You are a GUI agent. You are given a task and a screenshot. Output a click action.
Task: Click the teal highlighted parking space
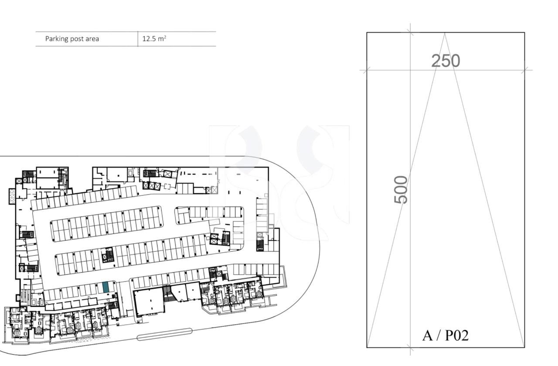pyautogui.click(x=105, y=287)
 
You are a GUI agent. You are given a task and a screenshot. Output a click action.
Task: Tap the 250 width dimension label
pyautogui.click(x=446, y=61)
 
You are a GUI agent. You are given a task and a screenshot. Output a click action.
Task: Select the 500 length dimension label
pyautogui.click(x=401, y=189)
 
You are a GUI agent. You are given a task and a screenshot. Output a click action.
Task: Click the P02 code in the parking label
pyautogui.click(x=456, y=336)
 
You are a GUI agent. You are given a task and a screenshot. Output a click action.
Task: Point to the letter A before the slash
pyautogui.click(x=428, y=336)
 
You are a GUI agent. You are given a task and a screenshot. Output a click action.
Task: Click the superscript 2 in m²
pyautogui.click(x=164, y=37)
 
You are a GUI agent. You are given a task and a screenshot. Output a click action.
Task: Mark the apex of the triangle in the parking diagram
pyautogui.click(x=445, y=33)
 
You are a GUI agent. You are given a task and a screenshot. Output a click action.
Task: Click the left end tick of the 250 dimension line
pyautogui.click(x=367, y=70)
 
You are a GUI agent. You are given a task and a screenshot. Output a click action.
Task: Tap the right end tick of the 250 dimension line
pyautogui.click(x=525, y=70)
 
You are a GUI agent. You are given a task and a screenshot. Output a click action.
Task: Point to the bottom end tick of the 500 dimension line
pyautogui.click(x=410, y=347)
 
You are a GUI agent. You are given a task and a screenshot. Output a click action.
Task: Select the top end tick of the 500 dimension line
pyautogui.click(x=410, y=32)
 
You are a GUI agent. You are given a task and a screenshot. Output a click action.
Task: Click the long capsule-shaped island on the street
pyautogui.click(x=164, y=334)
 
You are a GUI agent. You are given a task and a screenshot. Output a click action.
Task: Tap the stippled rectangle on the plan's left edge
pyautogui.click(x=12, y=196)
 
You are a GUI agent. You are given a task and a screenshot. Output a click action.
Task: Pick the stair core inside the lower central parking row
pyautogui.click(x=108, y=255)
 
